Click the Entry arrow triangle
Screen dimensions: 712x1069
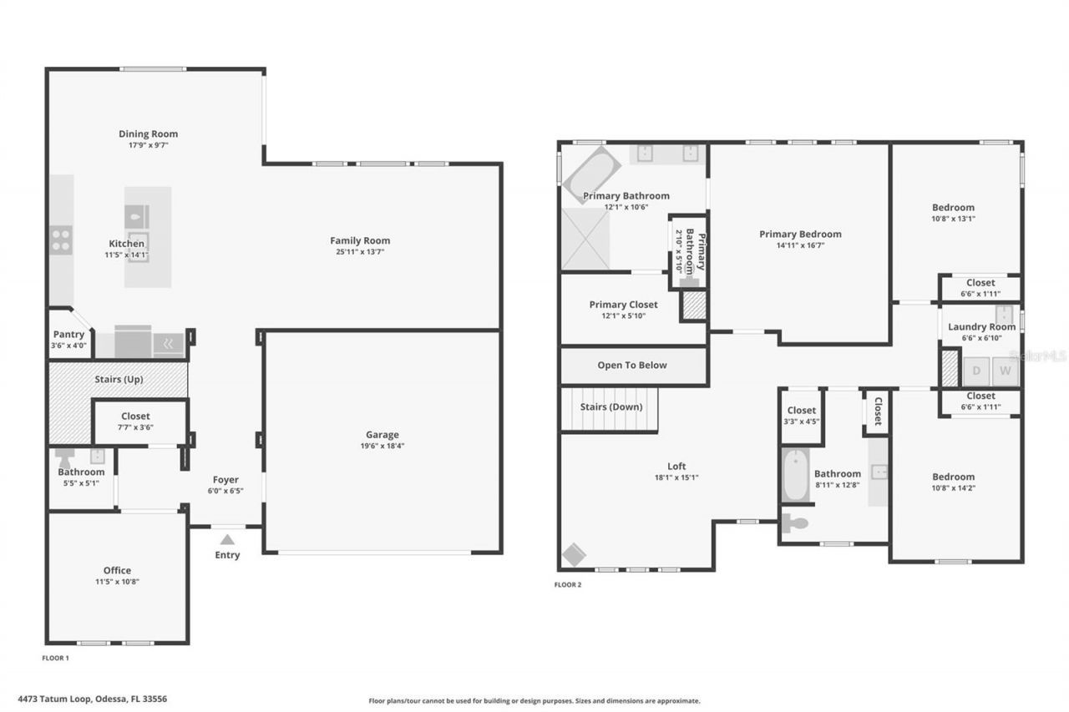[x=227, y=539]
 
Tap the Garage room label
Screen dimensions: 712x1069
[x=382, y=434]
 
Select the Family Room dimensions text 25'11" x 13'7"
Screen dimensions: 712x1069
[x=360, y=252]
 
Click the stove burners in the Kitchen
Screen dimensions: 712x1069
[x=61, y=240]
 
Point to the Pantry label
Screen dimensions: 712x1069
[x=68, y=334]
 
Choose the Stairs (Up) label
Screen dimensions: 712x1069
[x=119, y=379]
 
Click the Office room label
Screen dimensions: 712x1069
[x=117, y=570]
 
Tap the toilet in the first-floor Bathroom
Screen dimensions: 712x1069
[x=65, y=455]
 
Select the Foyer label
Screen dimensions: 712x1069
[x=225, y=479]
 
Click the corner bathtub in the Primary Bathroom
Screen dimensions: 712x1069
[x=590, y=174]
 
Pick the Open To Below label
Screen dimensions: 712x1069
[x=632, y=365]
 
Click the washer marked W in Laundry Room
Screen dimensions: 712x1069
[x=1006, y=371]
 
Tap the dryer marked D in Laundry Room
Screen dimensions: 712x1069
[x=975, y=371]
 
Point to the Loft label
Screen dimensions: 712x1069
[x=676, y=467]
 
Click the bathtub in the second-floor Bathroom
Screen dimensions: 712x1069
[x=795, y=475]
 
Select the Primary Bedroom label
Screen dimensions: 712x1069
[x=800, y=234]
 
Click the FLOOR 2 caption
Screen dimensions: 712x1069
[x=568, y=584]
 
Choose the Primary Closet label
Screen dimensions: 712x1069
[x=623, y=305]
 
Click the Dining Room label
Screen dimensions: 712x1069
[x=148, y=134]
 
